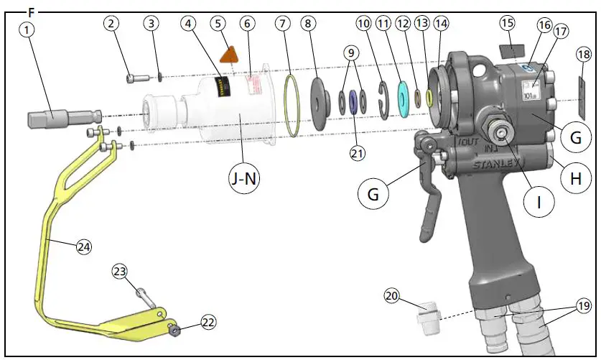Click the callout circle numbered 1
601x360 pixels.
click(x=27, y=30)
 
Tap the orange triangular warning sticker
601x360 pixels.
click(x=229, y=55)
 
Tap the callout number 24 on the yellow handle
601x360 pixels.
click(x=84, y=246)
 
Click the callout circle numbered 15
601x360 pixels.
click(x=508, y=23)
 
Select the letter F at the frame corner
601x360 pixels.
click(x=30, y=12)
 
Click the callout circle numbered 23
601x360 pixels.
click(x=120, y=272)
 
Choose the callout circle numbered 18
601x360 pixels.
click(x=584, y=55)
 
